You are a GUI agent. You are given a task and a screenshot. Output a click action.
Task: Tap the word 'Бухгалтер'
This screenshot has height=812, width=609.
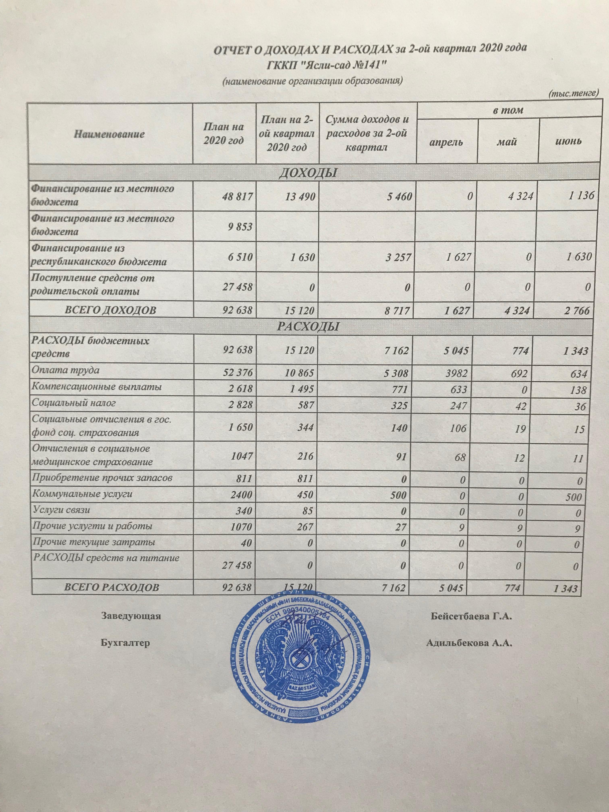(x=125, y=643)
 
